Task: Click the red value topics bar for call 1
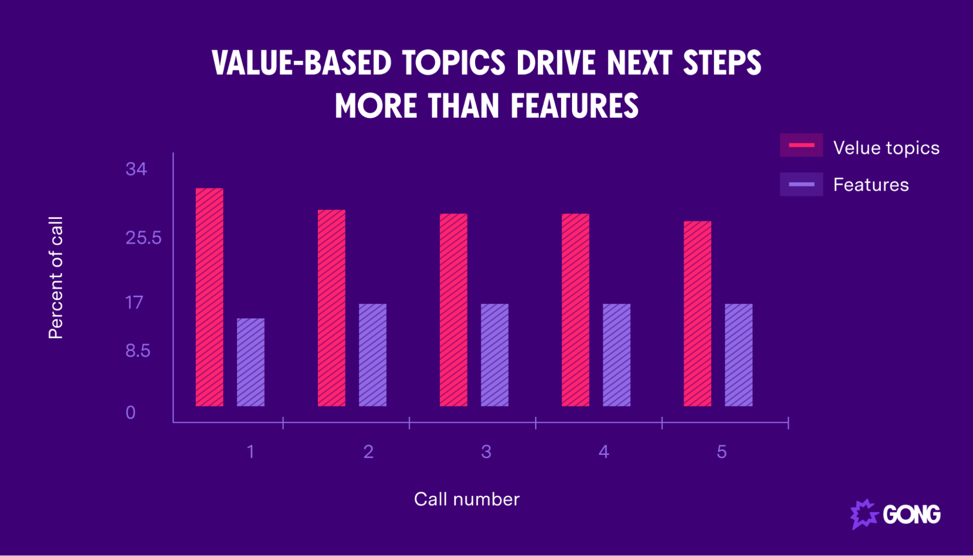pyautogui.click(x=209, y=297)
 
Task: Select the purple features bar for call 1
pyautogui.click(x=251, y=362)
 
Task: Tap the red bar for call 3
pyautogui.click(x=453, y=309)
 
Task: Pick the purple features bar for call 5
pyautogui.click(x=738, y=355)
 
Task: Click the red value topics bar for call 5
pyautogui.click(x=697, y=313)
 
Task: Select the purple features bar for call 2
pyautogui.click(x=372, y=355)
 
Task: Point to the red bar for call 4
pyautogui.click(x=575, y=309)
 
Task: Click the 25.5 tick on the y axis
pyautogui.click(x=143, y=238)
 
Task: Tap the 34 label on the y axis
pyautogui.click(x=136, y=169)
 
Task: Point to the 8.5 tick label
pyautogui.click(x=138, y=351)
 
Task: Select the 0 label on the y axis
pyautogui.click(x=130, y=413)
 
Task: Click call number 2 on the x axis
pyautogui.click(x=368, y=452)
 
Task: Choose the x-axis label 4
pyautogui.click(x=604, y=452)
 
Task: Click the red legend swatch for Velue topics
pyautogui.click(x=801, y=145)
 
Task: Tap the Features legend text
pyautogui.click(x=871, y=185)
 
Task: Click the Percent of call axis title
pyautogui.click(x=56, y=278)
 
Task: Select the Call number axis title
pyautogui.click(x=467, y=499)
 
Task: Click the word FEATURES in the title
pyautogui.click(x=574, y=106)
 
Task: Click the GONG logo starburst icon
pyautogui.click(x=863, y=514)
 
